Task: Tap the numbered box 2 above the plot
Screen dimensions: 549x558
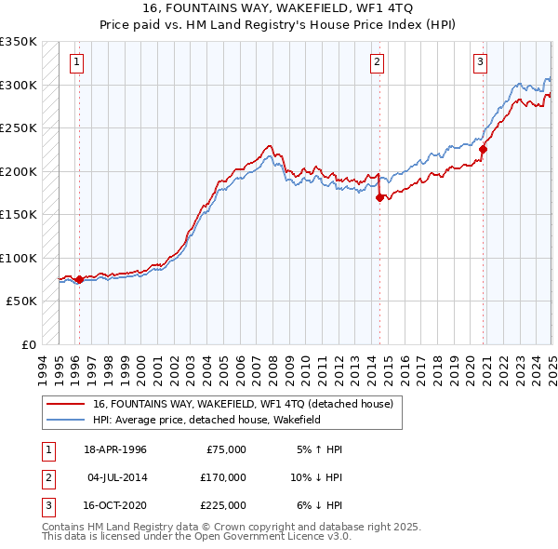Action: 377,63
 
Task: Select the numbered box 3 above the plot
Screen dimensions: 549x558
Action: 480,63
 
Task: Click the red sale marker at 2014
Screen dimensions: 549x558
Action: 379,197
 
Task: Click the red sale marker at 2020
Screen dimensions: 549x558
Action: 484,149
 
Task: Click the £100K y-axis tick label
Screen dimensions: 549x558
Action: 19,258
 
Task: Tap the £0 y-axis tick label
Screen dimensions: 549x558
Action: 26,344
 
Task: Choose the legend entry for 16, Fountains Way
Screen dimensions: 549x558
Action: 244,404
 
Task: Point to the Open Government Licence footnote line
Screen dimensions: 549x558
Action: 196,537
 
